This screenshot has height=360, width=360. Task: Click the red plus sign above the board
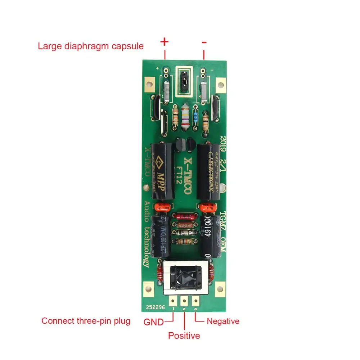[x=164, y=42]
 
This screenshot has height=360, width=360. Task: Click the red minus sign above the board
[x=204, y=42]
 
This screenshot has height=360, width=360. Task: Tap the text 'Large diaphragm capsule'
[x=91, y=46]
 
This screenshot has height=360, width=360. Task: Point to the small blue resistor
[x=195, y=116]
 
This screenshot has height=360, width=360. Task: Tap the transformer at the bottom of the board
[x=185, y=277]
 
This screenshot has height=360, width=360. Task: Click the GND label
[x=154, y=321]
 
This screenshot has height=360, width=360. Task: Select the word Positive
[x=184, y=336]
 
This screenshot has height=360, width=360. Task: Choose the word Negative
[x=223, y=321]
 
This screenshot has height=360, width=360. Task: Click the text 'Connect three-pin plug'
[x=86, y=321]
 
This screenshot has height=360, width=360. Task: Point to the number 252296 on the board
[x=156, y=308]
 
